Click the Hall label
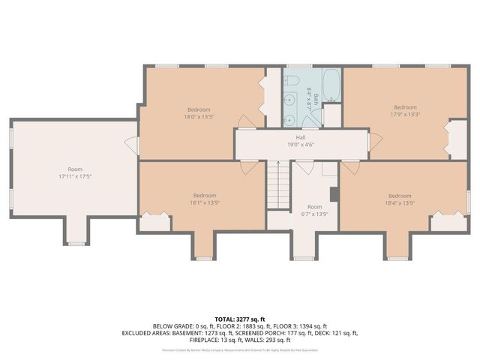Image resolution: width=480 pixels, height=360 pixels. point(300,137)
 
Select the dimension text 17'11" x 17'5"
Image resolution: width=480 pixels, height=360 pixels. point(75,176)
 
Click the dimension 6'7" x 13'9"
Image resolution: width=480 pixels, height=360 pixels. point(314,213)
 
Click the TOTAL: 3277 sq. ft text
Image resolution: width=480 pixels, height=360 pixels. point(240,319)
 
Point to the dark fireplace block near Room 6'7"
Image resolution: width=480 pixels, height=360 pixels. point(334,193)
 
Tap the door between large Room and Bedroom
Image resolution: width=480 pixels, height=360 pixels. point(135,146)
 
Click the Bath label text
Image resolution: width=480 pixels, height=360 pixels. point(316,98)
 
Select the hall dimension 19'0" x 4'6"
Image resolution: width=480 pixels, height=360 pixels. point(300,144)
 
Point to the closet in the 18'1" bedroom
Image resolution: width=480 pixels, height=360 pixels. point(154,222)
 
